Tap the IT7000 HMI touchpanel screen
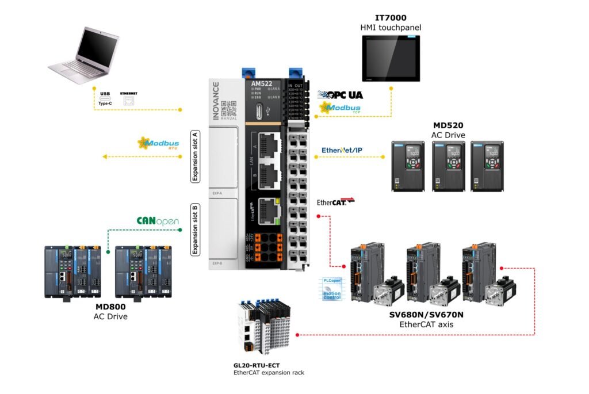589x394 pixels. (x=391, y=58)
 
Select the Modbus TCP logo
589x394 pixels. (x=340, y=108)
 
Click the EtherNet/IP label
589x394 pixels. (x=342, y=151)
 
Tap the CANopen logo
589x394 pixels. (x=158, y=221)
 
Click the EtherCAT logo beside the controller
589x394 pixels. (x=335, y=202)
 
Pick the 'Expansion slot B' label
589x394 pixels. (x=195, y=229)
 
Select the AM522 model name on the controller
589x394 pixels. (x=262, y=84)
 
